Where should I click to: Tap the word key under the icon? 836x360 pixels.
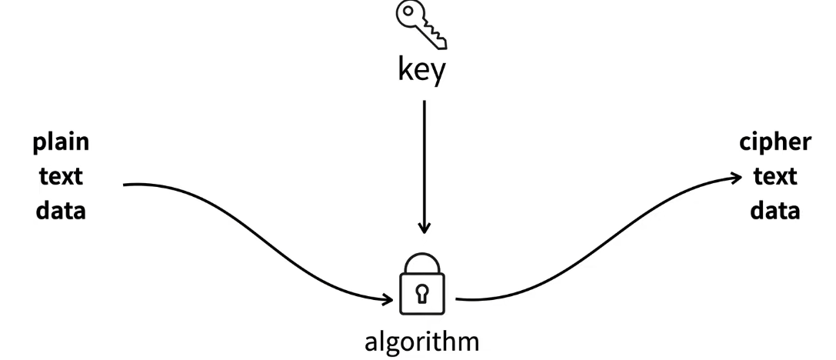[421, 70]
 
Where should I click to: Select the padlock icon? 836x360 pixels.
[422, 285]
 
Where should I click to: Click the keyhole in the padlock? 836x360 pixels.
[422, 292]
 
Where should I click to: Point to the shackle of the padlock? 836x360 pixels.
[422, 263]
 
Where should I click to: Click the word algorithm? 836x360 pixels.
[421, 339]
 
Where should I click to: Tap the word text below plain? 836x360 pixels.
[61, 177]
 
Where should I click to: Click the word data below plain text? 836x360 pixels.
[61, 210]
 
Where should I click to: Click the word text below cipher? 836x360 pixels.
[775, 177]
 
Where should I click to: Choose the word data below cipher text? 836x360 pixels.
[775, 210]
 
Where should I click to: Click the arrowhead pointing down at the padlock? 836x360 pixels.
[423, 228]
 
